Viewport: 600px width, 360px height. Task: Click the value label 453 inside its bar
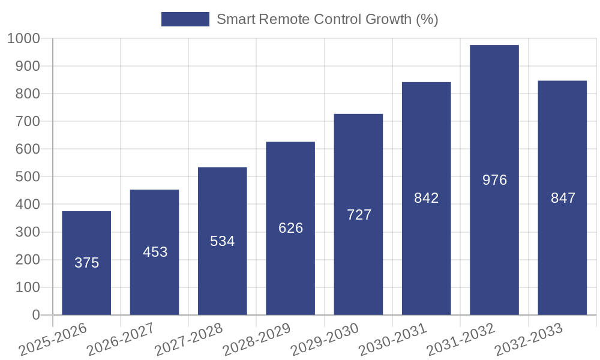tap(155, 252)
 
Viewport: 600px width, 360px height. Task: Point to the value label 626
tap(291, 228)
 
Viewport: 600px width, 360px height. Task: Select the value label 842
tap(427, 198)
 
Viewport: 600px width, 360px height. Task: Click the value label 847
tap(563, 198)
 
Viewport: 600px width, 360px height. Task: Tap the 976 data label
tap(494, 179)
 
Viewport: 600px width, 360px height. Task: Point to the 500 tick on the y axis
tap(28, 177)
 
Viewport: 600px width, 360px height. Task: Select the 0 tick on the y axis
tap(36, 315)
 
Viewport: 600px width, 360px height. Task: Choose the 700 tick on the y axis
tap(28, 122)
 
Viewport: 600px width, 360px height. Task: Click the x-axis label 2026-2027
tap(120, 338)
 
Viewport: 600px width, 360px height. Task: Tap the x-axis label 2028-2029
tap(256, 338)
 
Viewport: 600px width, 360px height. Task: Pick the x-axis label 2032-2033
tap(528, 338)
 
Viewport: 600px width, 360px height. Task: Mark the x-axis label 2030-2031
tap(392, 338)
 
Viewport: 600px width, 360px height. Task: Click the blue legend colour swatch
tap(185, 19)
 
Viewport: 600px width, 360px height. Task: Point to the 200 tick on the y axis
tap(28, 260)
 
